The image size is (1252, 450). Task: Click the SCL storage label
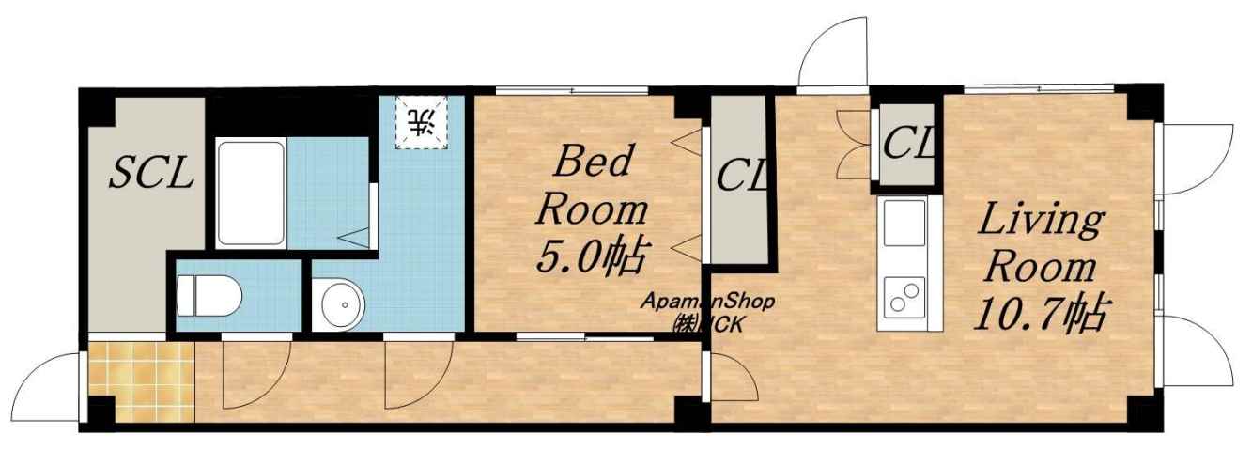(x=153, y=171)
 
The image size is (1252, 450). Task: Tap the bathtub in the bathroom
(x=250, y=193)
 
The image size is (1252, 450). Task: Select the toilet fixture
(x=209, y=297)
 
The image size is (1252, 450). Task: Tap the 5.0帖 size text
(x=595, y=256)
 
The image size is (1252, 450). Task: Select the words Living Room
(x=1040, y=244)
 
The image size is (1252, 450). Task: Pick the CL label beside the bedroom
(x=741, y=174)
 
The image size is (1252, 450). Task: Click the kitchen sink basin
(x=904, y=224)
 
